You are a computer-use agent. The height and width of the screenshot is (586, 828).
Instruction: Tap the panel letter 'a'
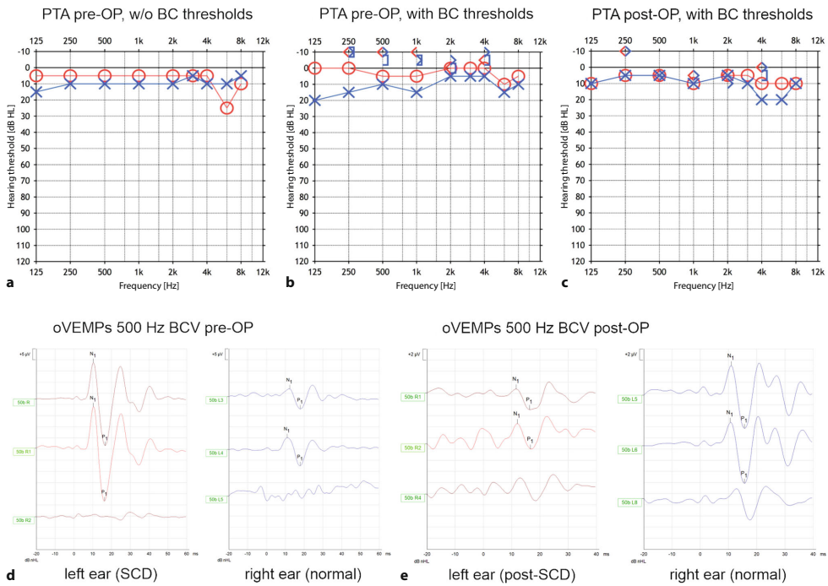[10, 284]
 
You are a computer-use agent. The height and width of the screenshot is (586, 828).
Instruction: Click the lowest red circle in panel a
[226, 108]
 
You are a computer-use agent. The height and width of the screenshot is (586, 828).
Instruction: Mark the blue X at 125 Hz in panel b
[315, 100]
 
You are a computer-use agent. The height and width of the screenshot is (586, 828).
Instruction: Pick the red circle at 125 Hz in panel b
[315, 68]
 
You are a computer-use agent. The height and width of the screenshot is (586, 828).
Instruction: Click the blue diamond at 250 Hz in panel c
[625, 52]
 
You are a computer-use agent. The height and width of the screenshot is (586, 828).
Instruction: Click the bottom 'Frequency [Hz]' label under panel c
[705, 286]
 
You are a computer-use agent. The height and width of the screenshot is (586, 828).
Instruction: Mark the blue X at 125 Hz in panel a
[36, 92]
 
